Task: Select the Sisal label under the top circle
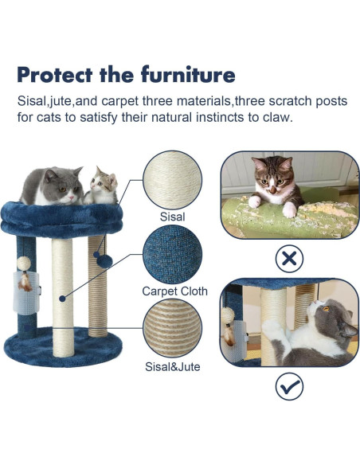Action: click(x=171, y=216)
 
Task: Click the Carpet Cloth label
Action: click(x=174, y=291)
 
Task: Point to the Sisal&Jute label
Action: click(x=173, y=367)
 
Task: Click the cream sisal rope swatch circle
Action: click(x=173, y=180)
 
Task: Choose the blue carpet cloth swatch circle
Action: click(x=172, y=255)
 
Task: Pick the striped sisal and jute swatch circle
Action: click(x=173, y=330)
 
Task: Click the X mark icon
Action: click(x=289, y=257)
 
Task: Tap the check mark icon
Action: click(x=289, y=386)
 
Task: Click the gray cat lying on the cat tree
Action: click(x=53, y=185)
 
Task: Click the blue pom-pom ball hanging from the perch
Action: click(x=102, y=259)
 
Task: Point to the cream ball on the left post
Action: click(x=24, y=262)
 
